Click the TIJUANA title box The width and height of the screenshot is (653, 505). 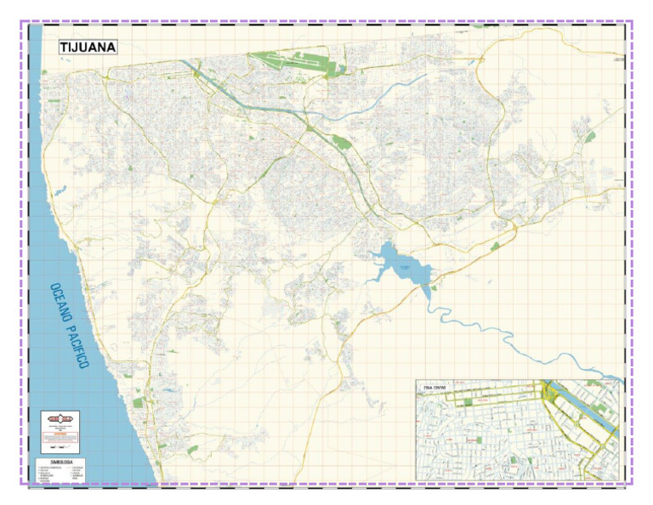88,48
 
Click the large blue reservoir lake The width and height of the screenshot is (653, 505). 400,264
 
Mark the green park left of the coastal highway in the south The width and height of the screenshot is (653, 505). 128,375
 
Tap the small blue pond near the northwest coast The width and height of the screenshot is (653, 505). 58,192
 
